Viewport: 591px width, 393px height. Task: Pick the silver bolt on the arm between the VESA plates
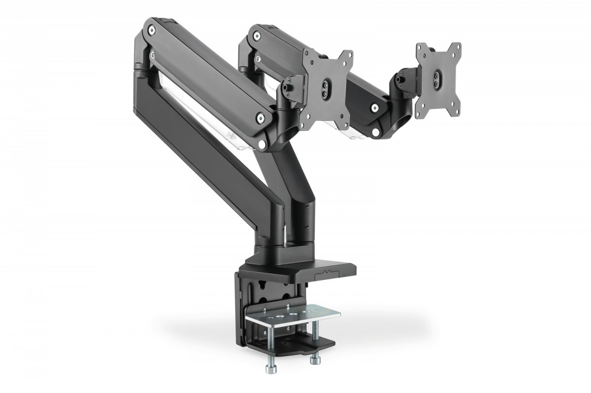pos(375,108)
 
